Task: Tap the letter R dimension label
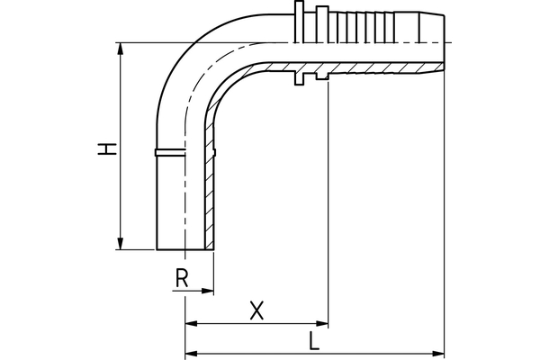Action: pos(182,279)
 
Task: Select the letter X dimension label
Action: pos(256,310)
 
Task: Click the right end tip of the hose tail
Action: pos(444,43)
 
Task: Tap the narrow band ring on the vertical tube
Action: pos(169,152)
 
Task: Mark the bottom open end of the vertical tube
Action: pos(184,249)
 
